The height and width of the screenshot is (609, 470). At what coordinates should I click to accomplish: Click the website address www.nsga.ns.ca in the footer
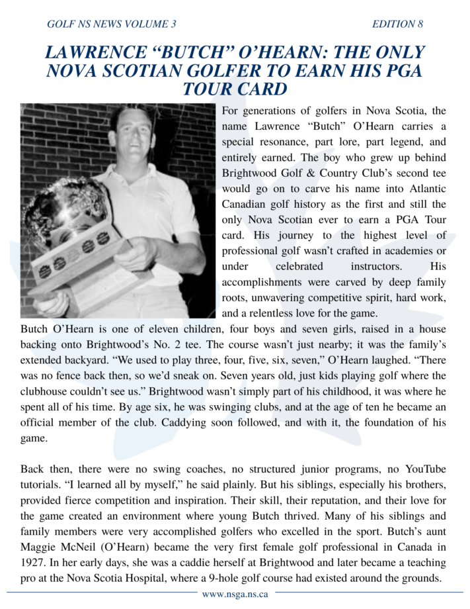235,594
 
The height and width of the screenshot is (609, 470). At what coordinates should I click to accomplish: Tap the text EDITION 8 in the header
397,24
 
